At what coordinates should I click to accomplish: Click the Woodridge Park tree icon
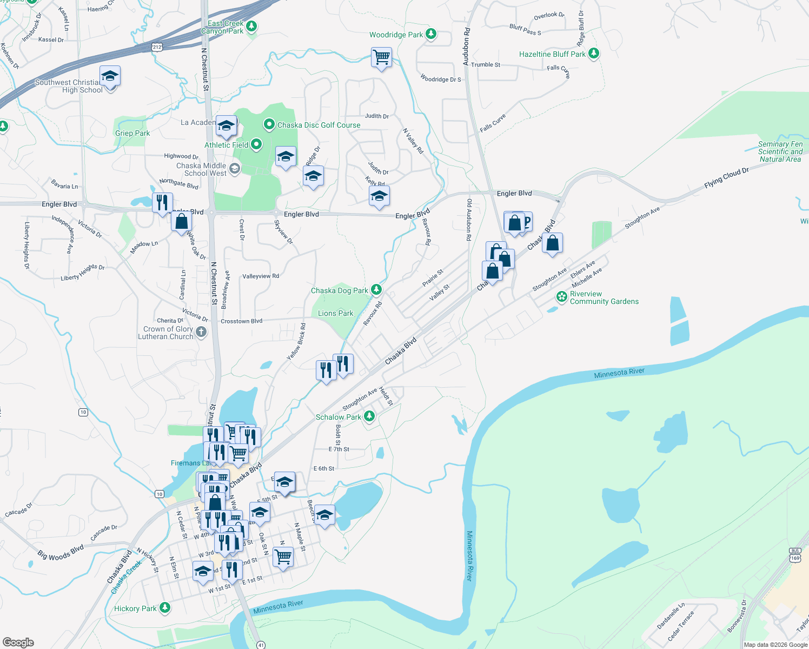click(x=430, y=34)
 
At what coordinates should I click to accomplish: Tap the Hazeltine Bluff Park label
click(x=552, y=54)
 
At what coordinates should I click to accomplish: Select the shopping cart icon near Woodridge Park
click(x=381, y=57)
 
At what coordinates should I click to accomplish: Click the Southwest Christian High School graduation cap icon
click(x=110, y=77)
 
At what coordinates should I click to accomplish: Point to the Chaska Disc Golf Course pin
click(x=269, y=125)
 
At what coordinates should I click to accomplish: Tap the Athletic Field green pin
click(x=256, y=144)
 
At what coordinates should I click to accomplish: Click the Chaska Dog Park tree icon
click(x=376, y=290)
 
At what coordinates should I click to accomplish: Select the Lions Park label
click(x=335, y=313)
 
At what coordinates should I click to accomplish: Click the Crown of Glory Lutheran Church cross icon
click(x=201, y=332)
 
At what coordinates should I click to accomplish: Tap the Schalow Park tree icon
click(x=369, y=416)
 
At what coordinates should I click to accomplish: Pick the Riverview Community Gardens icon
click(x=562, y=297)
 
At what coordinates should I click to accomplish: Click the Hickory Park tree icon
click(x=165, y=608)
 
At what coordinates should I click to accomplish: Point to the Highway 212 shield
click(x=157, y=47)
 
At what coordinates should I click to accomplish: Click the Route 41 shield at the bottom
click(x=261, y=645)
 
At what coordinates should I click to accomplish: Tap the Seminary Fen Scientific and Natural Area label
click(x=780, y=151)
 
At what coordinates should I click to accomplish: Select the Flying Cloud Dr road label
click(x=726, y=178)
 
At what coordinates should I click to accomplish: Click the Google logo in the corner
click(x=18, y=642)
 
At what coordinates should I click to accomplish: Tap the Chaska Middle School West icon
click(x=234, y=169)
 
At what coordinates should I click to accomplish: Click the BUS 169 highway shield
click(x=794, y=554)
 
